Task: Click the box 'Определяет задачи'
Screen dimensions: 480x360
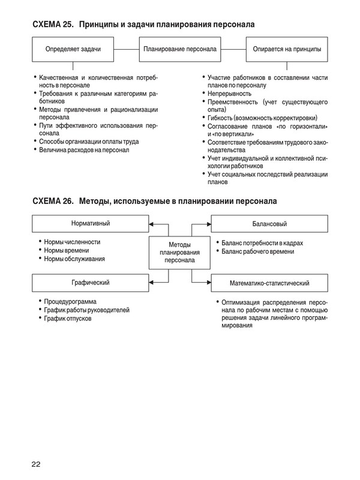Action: (73, 49)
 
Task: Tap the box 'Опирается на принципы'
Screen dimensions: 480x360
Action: (287, 49)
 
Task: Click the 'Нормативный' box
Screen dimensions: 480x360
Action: (91, 224)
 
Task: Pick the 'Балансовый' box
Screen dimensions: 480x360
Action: (269, 224)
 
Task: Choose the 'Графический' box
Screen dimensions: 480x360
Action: (91, 281)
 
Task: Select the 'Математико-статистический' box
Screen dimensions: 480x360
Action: (269, 281)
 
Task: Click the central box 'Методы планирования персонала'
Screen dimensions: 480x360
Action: (179, 253)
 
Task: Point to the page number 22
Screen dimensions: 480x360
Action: (37, 463)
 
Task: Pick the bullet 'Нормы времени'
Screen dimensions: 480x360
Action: (67, 250)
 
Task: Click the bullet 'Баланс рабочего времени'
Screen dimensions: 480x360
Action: (258, 251)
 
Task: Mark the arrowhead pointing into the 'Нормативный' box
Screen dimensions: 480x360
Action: (150, 224)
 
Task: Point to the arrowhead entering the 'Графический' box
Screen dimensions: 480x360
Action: (150, 281)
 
